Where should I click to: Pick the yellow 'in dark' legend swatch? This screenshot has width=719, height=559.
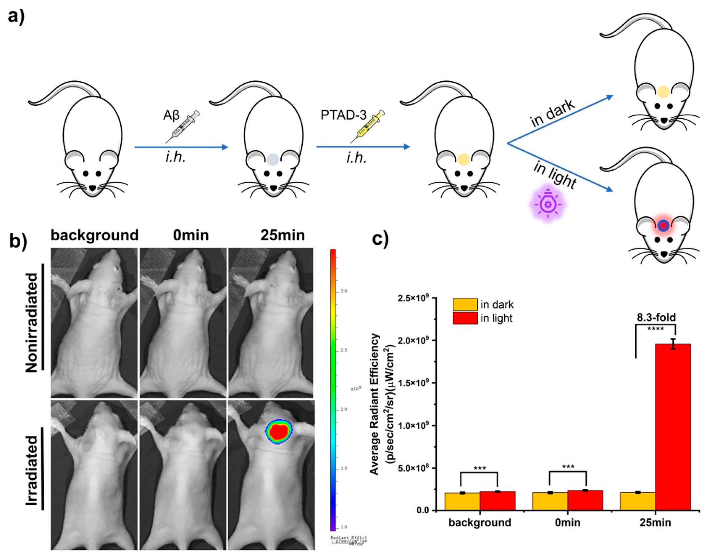pos(465,304)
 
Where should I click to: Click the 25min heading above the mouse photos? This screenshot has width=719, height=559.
pos(282,235)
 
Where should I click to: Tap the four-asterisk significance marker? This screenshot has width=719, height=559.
pos(655,329)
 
